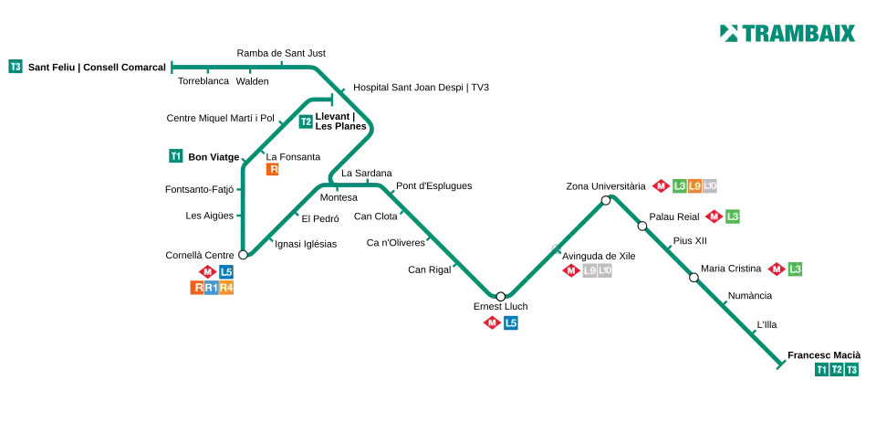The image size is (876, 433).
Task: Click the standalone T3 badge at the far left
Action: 16,67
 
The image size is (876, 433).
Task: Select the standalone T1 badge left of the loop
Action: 176,156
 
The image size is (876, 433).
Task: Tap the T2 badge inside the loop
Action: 306,121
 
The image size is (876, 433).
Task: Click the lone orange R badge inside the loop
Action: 273,170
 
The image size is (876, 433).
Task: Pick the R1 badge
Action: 212,289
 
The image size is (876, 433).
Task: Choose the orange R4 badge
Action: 226,289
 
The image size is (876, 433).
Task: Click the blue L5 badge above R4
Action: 226,271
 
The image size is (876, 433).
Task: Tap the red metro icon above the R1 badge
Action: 207,271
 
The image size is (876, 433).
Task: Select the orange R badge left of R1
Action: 197,289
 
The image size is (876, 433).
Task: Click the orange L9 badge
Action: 694,186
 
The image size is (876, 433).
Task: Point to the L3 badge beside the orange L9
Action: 680,186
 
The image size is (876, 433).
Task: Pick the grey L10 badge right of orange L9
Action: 711,186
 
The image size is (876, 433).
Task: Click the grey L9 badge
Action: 589,270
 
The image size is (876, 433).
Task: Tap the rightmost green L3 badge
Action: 795,269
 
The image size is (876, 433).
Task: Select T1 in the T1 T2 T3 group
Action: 821,369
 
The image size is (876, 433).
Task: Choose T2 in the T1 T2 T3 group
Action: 837,369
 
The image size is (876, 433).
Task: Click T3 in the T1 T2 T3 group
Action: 852,369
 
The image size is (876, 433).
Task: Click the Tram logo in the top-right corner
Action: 787,33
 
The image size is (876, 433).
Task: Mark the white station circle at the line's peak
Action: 606,200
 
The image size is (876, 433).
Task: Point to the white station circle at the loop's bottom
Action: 243,255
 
